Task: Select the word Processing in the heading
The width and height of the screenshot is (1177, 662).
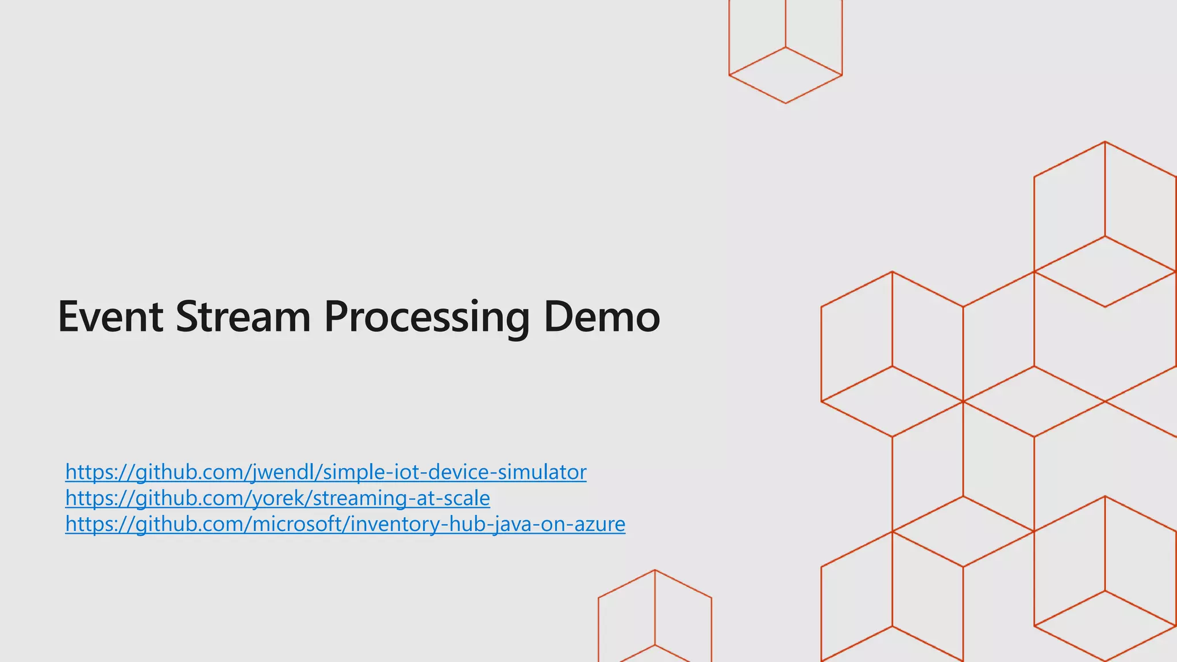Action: (x=426, y=318)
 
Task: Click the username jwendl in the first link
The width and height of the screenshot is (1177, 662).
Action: (x=284, y=472)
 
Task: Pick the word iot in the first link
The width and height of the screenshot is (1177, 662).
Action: (x=405, y=472)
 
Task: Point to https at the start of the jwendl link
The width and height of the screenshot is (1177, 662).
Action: (x=86, y=472)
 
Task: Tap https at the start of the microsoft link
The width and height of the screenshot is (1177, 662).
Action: (x=86, y=525)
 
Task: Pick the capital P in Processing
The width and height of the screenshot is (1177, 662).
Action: (x=337, y=317)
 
